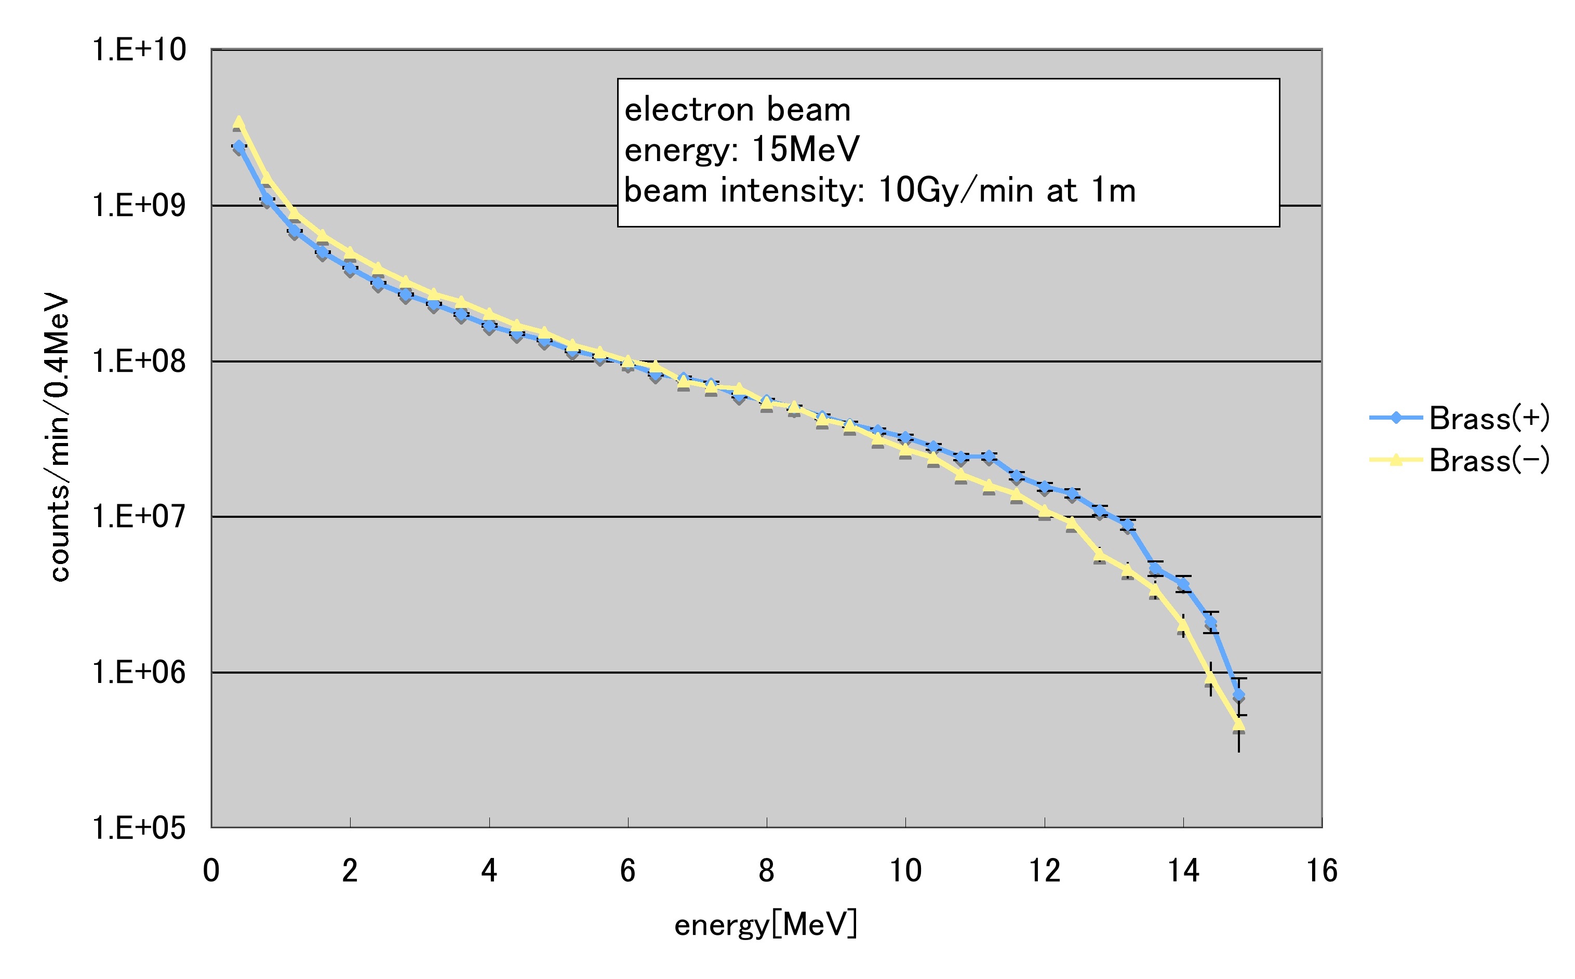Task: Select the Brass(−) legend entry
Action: click(x=1488, y=460)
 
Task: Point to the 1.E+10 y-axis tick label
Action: click(x=139, y=50)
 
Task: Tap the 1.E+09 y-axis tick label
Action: click(x=139, y=206)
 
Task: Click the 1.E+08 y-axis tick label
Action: click(x=139, y=361)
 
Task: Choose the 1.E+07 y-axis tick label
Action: click(x=139, y=517)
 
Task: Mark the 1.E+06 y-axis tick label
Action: click(x=139, y=673)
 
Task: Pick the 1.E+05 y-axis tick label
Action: click(x=139, y=828)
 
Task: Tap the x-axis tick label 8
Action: click(x=767, y=871)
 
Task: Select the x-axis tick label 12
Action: click(x=1044, y=871)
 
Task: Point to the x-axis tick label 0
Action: click(x=211, y=871)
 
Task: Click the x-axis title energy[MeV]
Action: click(x=766, y=924)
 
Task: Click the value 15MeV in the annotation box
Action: click(x=805, y=150)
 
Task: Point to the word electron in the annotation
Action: click(x=690, y=110)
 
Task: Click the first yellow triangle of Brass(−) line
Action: click(x=238, y=122)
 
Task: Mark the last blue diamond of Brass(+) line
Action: click(x=1238, y=695)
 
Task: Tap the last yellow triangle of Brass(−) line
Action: click(x=1238, y=725)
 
